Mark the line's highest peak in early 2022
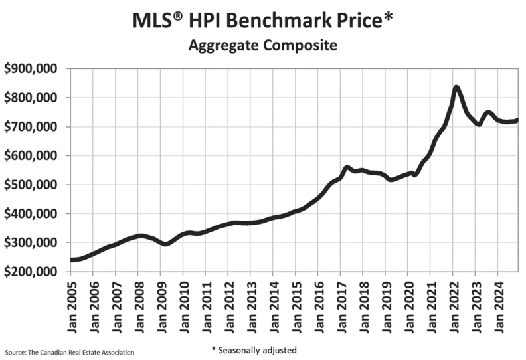pyautogui.click(x=456, y=88)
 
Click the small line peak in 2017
pyautogui.click(x=347, y=168)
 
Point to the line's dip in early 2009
pyautogui.click(x=166, y=244)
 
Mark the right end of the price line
pyautogui.click(x=517, y=120)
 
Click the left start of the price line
pyautogui.click(x=72, y=260)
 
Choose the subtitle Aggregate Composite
pyautogui.click(x=263, y=46)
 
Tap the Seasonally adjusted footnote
pyautogui.click(x=254, y=350)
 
